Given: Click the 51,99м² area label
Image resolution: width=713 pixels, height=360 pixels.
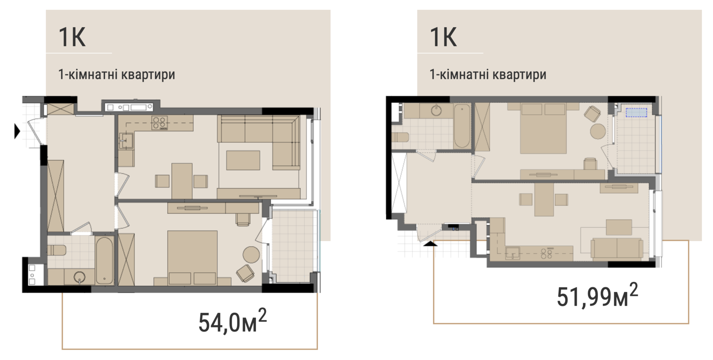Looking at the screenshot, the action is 598,295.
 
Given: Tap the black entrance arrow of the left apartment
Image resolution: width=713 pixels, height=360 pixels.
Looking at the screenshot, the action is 17,131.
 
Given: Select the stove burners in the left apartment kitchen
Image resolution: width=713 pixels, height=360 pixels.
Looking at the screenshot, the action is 160,123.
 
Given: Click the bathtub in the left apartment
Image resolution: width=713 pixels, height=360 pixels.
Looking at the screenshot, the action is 104,260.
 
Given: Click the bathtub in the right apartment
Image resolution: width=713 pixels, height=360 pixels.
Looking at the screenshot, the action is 462,126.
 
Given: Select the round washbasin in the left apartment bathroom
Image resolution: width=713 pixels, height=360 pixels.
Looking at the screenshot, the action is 80,277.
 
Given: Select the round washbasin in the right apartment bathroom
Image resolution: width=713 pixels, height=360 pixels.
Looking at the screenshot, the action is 437,110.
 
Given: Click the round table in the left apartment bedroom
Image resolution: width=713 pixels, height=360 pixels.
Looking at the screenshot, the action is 251,254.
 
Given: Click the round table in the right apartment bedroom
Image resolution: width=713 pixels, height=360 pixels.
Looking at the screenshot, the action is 598,131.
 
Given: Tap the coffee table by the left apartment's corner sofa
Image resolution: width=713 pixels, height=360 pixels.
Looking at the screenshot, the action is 243,160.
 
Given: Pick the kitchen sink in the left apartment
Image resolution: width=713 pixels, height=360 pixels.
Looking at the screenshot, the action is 126,141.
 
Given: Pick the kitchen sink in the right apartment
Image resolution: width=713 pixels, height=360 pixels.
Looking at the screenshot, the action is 513,253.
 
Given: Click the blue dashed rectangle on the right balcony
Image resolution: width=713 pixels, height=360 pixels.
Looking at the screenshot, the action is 636,112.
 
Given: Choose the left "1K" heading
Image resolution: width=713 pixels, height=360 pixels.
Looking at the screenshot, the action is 72,37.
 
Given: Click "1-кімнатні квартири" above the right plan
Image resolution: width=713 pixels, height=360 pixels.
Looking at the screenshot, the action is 488,74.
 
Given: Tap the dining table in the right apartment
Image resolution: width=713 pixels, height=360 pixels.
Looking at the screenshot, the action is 544,199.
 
